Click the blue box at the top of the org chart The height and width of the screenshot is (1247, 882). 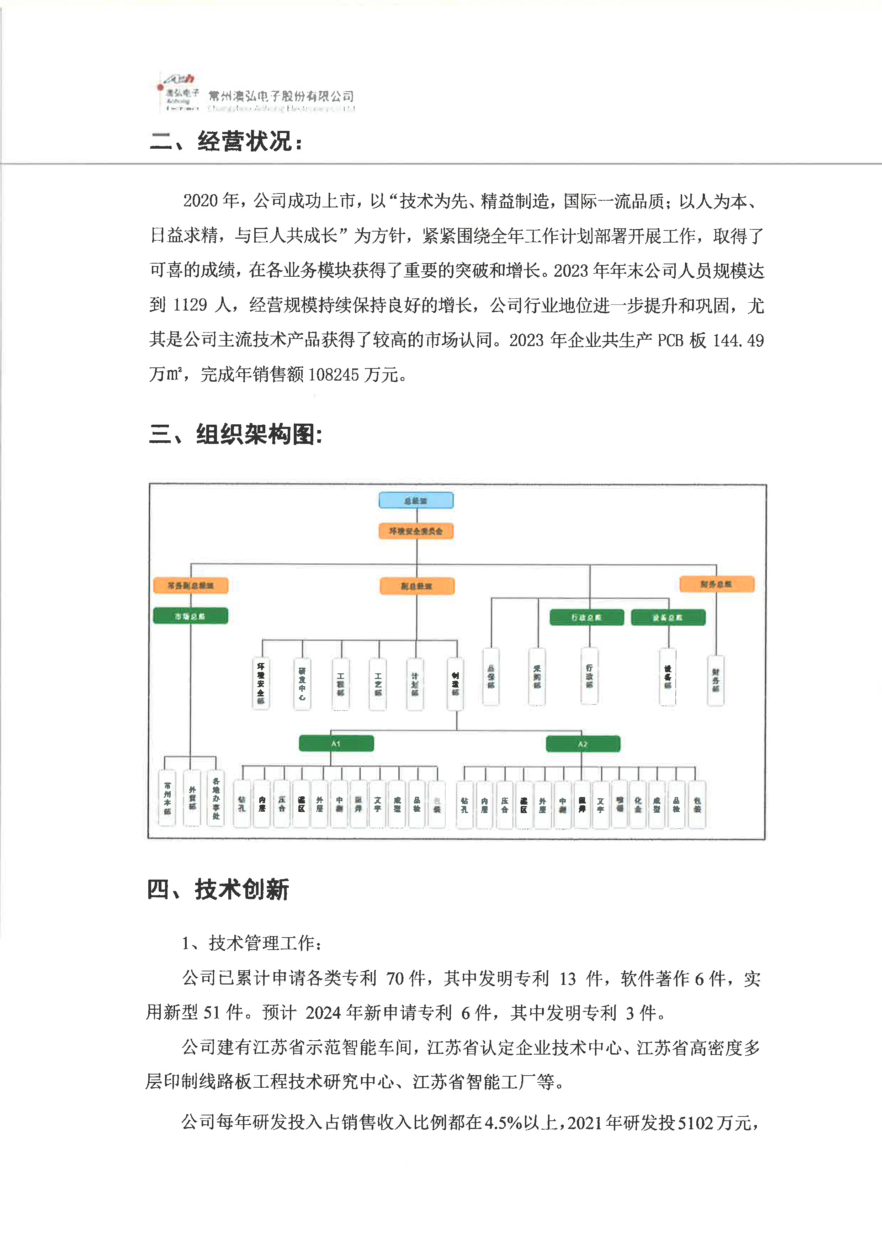[x=416, y=500]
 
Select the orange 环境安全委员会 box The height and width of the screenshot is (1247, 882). [x=416, y=531]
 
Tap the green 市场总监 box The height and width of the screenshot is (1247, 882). [x=190, y=616]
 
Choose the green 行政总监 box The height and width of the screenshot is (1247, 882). [x=586, y=617]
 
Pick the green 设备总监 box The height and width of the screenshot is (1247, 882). [x=668, y=617]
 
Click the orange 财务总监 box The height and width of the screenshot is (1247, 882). [x=716, y=584]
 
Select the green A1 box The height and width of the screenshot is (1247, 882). [x=336, y=743]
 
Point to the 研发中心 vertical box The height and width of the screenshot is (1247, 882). [x=302, y=684]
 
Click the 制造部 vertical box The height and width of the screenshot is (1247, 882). [x=455, y=684]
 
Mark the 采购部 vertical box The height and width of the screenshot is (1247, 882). [x=537, y=677]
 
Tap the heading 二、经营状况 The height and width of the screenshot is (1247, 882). [x=226, y=142]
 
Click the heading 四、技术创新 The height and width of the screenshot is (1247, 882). [x=218, y=890]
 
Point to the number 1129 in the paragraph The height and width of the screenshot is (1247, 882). [x=190, y=305]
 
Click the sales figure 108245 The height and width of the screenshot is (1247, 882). [x=334, y=375]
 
